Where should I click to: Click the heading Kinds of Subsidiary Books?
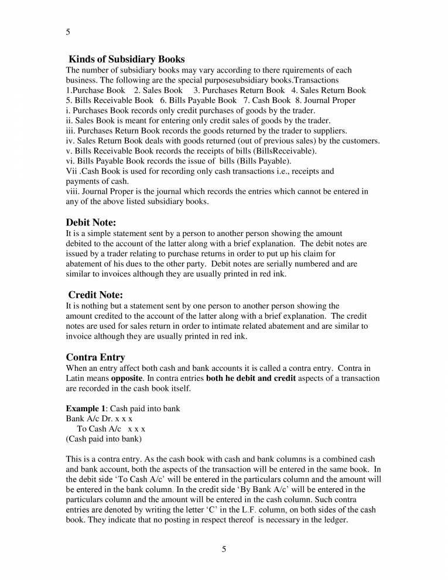click(127, 59)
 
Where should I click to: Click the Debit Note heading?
click(91, 223)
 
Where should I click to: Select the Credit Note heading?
click(95, 295)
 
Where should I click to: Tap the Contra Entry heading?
click(95, 357)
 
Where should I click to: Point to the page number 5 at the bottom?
click(224, 549)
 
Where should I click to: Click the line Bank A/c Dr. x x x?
click(99, 418)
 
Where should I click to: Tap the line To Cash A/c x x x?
click(111, 428)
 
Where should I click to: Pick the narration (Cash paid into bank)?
click(104, 438)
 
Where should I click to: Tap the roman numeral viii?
click(73, 191)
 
